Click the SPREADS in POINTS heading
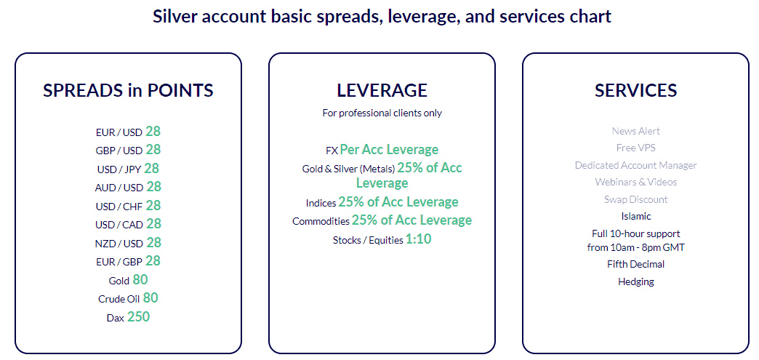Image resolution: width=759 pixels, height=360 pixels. pos(128,90)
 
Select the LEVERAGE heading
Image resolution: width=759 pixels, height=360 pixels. pos(382,90)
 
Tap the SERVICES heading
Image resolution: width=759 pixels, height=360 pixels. pos(635,90)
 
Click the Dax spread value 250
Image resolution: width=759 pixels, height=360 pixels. pos(138,316)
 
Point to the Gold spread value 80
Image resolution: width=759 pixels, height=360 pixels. pos(140,280)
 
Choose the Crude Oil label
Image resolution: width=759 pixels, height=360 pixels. pos(119,299)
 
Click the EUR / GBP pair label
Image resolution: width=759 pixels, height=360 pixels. pos(119,262)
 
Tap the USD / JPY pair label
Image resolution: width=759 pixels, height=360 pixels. pos(119,169)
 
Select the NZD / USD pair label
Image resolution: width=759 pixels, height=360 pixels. pos(119,244)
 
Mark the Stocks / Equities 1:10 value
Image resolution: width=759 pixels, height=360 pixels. pos(418,239)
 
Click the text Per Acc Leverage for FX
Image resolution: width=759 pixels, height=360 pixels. pos(389,150)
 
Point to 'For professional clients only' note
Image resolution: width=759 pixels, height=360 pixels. pos(382,113)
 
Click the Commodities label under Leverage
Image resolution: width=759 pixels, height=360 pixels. pos(321,221)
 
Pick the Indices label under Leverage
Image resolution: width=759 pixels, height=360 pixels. pos(321,203)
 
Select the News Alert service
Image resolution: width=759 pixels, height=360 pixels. pos(635,131)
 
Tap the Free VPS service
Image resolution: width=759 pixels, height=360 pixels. pos(635,148)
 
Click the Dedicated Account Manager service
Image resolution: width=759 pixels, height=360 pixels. pos(635,165)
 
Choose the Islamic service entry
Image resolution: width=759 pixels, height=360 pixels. pos(635,216)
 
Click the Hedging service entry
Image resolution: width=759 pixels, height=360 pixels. pos(635,281)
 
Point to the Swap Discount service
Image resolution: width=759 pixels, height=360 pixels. pos(635,199)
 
